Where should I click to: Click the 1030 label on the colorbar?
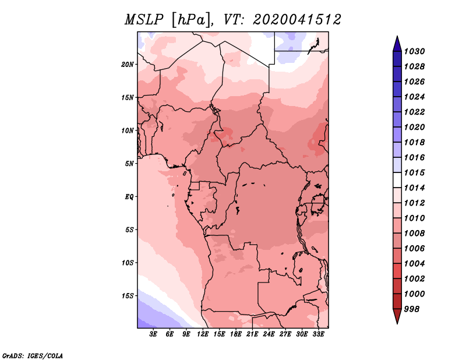coord(414,51)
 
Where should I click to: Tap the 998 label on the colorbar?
coord(412,309)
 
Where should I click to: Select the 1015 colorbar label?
coord(414,172)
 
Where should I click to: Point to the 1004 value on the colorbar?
coord(414,264)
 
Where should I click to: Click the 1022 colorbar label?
coord(414,112)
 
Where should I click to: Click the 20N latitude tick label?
coord(128,65)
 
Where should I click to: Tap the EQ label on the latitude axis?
coord(129,197)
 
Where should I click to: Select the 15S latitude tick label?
coord(128,296)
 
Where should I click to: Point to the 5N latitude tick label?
coord(129,164)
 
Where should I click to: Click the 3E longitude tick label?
coord(153,334)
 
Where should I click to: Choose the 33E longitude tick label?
coord(318,334)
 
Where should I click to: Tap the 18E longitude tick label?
coord(236,334)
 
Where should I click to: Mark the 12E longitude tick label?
coord(203,334)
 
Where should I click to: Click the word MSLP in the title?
coord(144,20)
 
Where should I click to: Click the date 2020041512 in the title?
coord(297,20)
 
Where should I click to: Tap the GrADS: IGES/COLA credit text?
coord(33,355)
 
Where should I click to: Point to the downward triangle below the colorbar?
coord(397,315)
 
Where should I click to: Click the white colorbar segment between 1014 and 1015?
coord(397,180)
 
